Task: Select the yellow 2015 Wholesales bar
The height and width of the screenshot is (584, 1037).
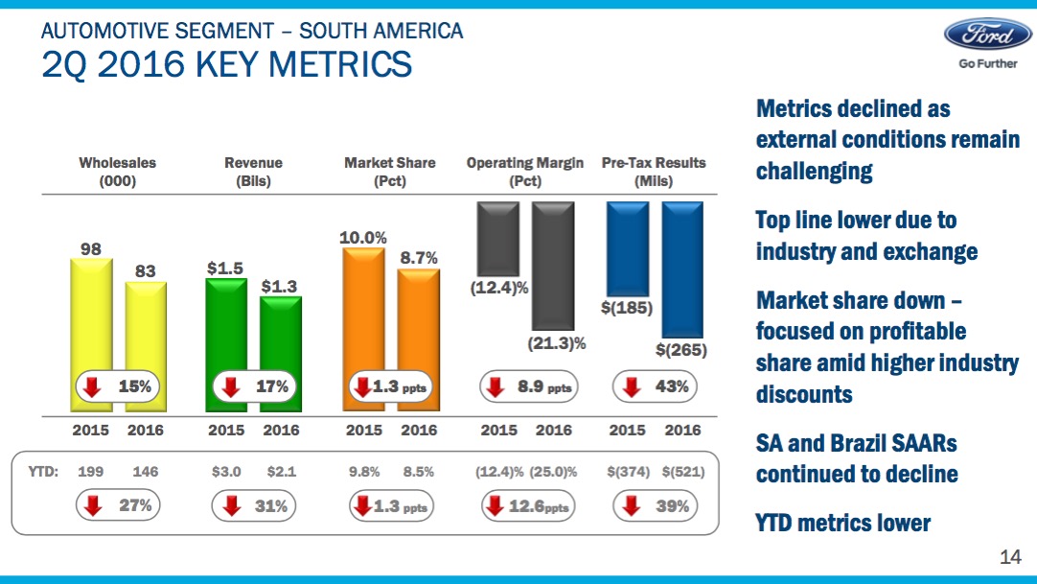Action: coord(91,326)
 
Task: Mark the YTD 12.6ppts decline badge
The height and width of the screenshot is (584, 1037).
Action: coord(526,506)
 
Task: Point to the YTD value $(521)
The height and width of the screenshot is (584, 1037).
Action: coord(682,472)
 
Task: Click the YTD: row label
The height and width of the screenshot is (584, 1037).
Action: coord(43,472)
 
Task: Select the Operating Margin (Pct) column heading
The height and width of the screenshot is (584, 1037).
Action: coord(525,172)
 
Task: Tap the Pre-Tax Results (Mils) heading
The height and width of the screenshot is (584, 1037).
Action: coord(654,172)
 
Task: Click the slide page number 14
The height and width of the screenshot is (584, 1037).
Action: coord(1010,557)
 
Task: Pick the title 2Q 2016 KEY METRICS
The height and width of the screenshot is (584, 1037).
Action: coord(227,64)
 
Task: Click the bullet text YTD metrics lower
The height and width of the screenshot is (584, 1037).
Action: coord(843,523)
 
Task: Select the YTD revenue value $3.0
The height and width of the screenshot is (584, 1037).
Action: coord(226,472)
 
